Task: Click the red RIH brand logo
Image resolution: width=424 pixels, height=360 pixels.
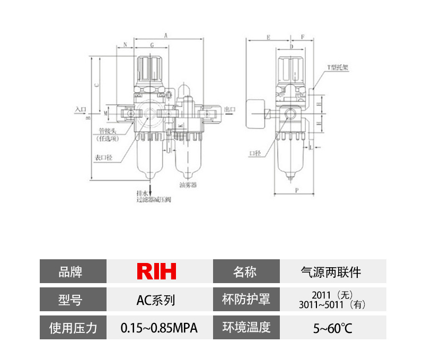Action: (156, 271)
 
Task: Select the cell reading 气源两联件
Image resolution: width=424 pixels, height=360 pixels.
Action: (330, 272)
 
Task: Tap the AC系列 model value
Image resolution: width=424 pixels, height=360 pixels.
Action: (156, 300)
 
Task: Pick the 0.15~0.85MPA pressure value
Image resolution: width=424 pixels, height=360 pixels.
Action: (159, 328)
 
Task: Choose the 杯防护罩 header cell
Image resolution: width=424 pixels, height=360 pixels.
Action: (245, 300)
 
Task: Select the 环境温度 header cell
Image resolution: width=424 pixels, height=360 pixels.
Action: (245, 328)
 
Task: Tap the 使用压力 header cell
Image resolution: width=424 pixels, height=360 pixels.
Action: (73, 328)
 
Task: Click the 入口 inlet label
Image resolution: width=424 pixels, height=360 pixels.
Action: (81, 109)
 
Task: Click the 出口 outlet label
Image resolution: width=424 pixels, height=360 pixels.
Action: (230, 109)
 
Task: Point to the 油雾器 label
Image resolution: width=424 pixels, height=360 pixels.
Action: (188, 186)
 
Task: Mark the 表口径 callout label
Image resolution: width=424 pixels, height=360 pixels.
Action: (104, 157)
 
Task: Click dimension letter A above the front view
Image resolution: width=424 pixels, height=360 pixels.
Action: (166, 36)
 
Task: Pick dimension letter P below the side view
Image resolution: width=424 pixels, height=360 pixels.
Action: (297, 189)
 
